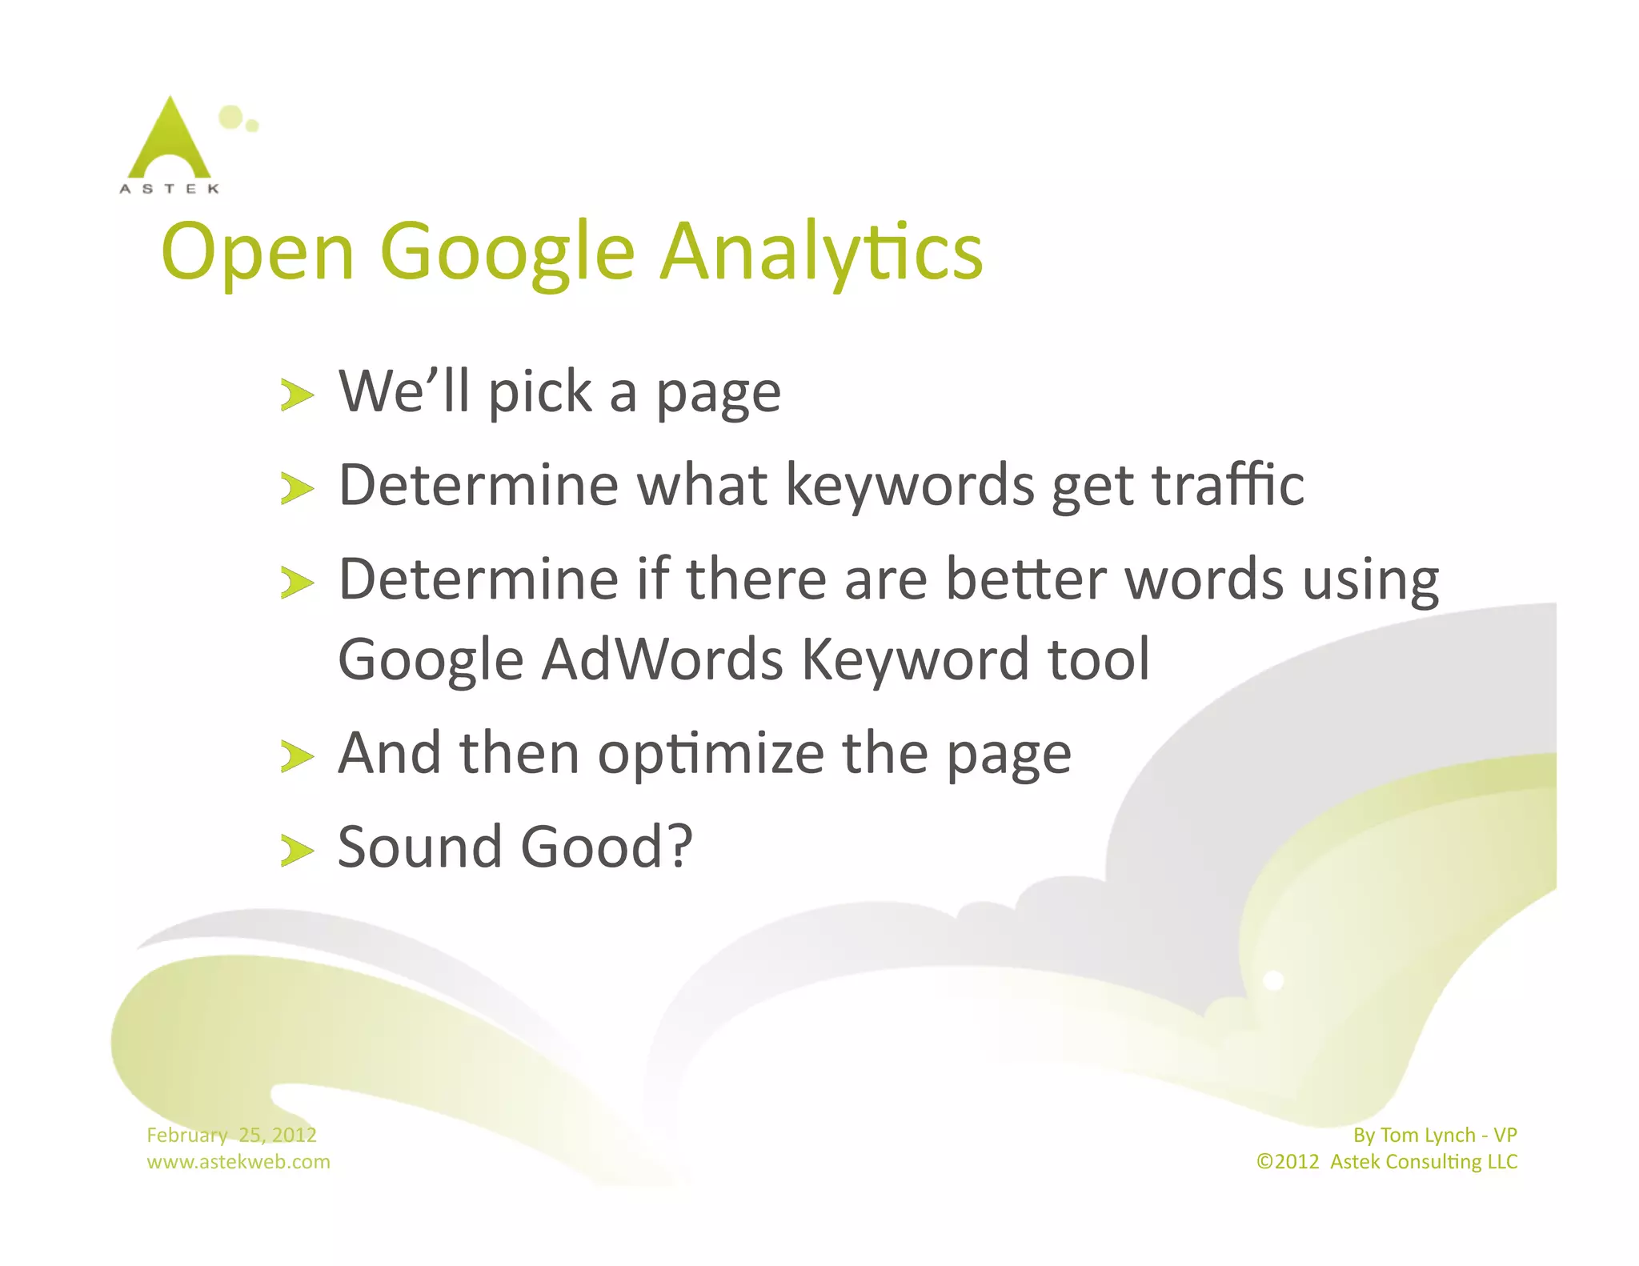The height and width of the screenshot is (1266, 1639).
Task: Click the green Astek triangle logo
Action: (169, 141)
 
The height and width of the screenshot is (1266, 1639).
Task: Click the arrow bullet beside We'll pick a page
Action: (296, 395)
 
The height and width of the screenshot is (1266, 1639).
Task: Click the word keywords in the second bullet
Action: (910, 487)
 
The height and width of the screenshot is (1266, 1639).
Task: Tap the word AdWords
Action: (662, 659)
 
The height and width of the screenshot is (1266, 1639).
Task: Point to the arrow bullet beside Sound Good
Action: (296, 850)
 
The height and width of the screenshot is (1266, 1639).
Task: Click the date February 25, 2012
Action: (231, 1135)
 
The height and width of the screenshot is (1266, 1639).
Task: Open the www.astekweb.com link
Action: (238, 1162)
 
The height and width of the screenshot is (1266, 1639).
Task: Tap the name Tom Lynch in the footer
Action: (1427, 1135)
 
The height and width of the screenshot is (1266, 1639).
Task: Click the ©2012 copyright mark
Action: (1288, 1162)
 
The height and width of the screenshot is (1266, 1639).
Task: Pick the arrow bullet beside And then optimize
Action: (296, 756)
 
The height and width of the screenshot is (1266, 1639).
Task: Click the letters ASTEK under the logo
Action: (169, 189)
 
